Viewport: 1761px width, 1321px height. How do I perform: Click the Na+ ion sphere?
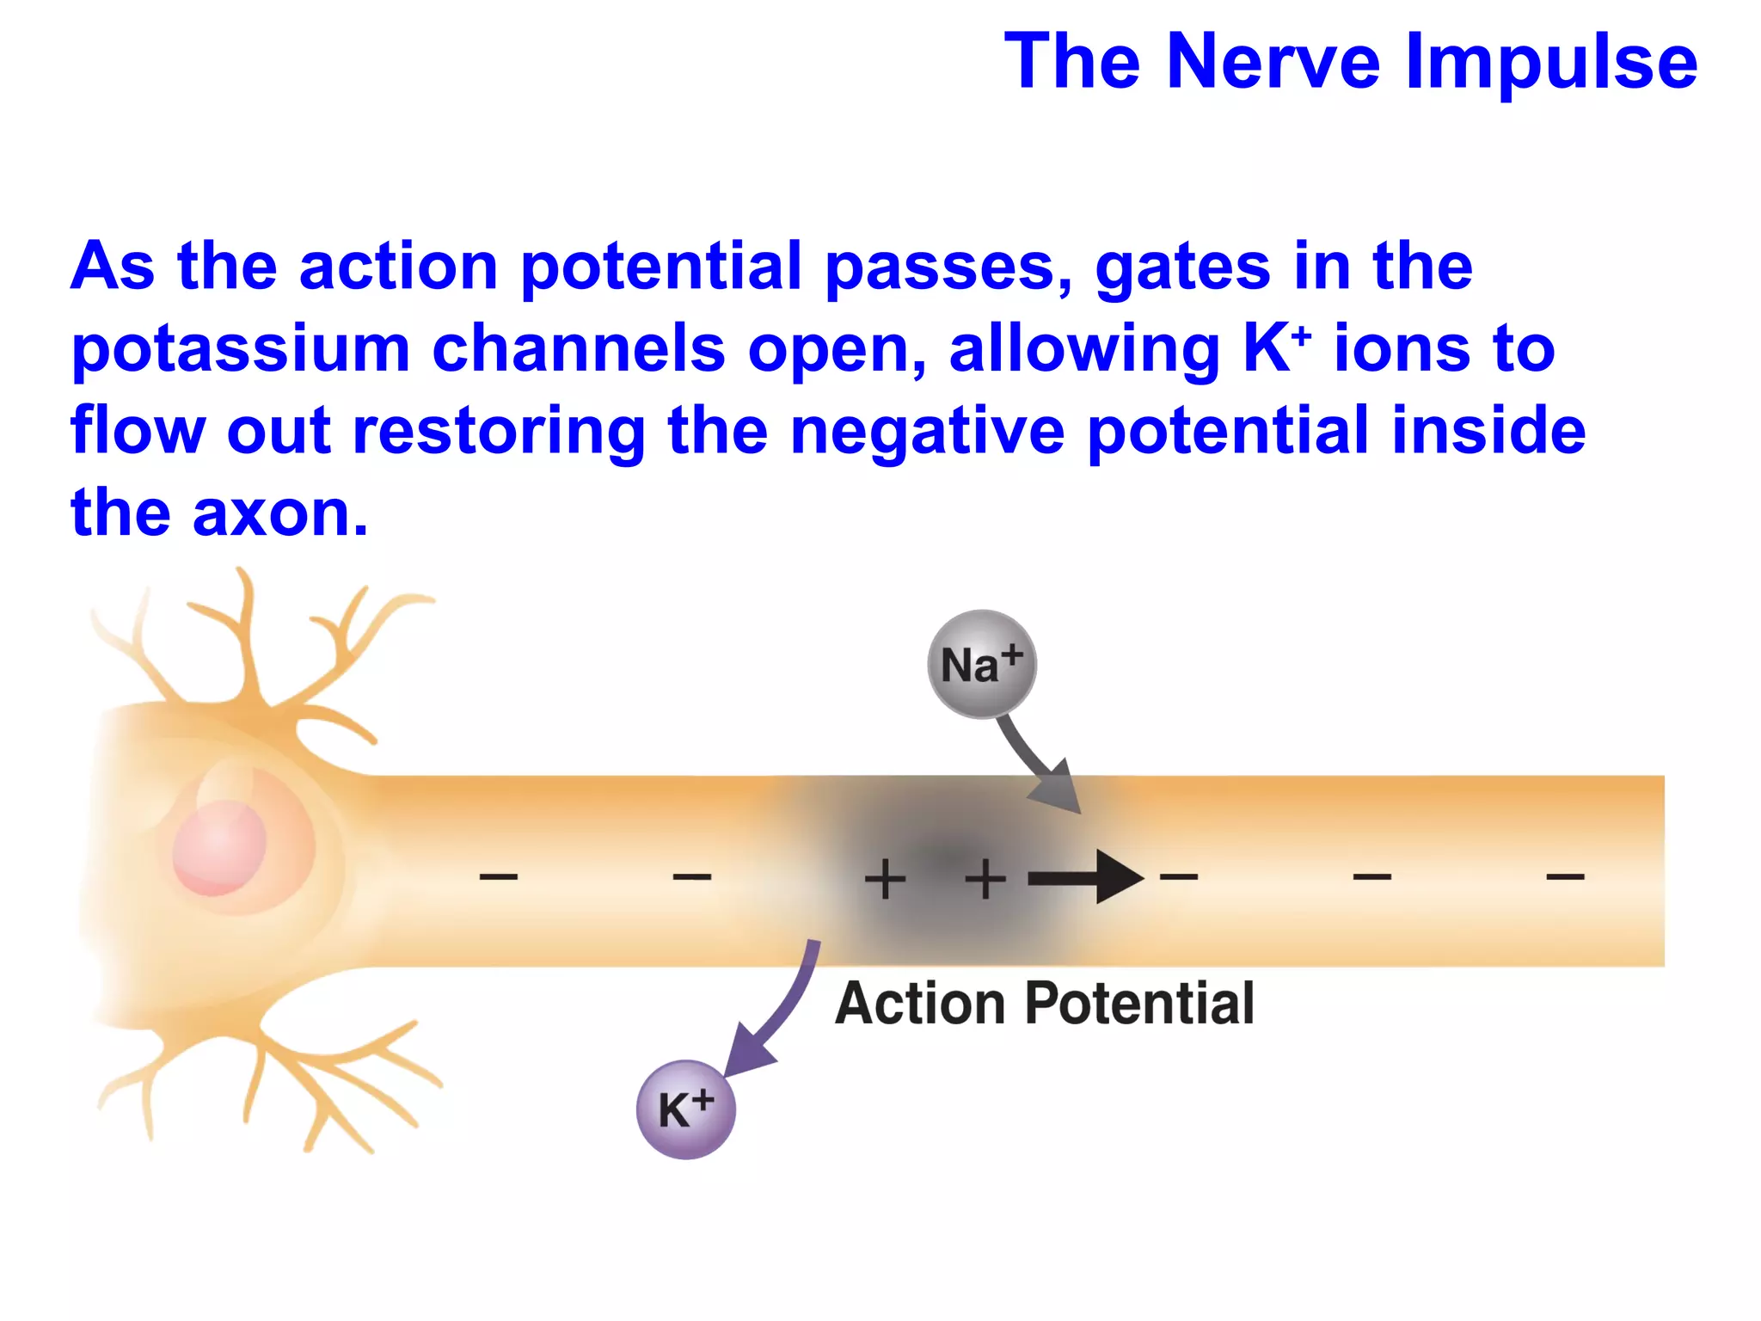point(982,664)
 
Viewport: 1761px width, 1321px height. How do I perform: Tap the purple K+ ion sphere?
point(685,1109)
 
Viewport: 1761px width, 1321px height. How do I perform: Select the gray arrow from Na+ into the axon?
point(1040,765)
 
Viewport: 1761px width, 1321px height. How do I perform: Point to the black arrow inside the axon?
point(1087,878)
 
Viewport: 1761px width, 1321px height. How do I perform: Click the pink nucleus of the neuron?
point(219,847)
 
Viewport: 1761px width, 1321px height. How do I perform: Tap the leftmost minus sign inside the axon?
point(499,877)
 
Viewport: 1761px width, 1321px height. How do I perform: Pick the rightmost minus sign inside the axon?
point(1565,877)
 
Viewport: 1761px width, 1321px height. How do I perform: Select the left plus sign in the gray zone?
point(885,879)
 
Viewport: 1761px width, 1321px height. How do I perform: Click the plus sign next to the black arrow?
point(985,879)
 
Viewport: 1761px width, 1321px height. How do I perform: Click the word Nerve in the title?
point(1273,62)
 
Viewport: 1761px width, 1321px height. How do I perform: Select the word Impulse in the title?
point(1551,62)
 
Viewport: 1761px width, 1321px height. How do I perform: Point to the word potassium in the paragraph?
point(241,350)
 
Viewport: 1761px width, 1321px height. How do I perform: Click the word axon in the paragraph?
point(279,514)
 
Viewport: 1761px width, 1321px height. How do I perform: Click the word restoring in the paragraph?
point(499,432)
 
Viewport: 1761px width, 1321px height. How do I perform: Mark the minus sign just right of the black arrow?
point(1179,877)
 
